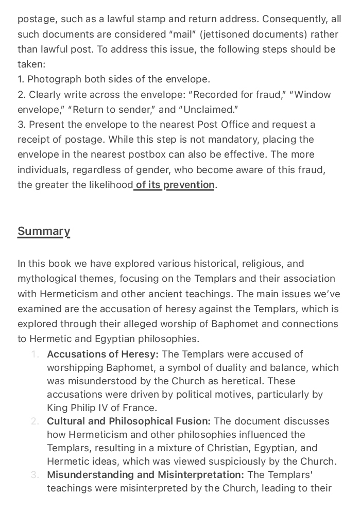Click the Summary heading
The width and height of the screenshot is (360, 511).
point(44,231)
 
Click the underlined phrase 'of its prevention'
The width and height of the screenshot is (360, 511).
point(175,185)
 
